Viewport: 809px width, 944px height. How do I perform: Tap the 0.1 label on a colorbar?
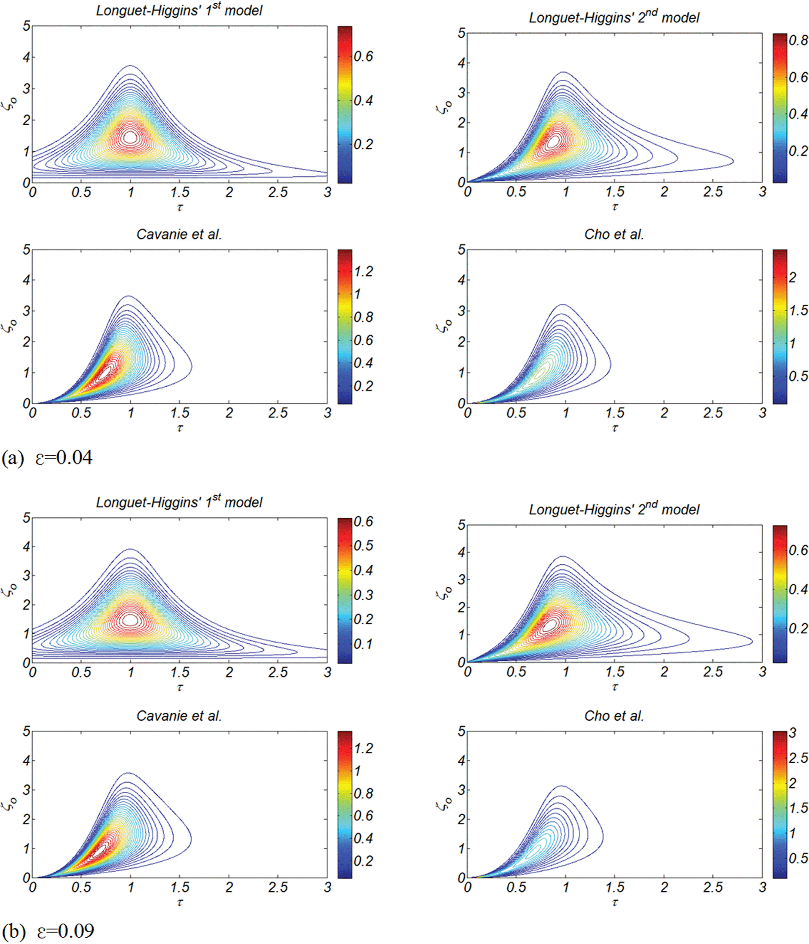pos(363,644)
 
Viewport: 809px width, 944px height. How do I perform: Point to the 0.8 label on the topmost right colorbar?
pos(798,41)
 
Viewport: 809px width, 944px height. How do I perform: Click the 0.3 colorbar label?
pos(363,595)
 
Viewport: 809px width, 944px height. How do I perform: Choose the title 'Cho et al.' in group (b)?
pos(614,716)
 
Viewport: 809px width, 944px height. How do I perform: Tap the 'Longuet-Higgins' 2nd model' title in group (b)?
pos(614,509)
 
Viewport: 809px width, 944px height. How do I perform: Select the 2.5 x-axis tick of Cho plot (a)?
pos(713,413)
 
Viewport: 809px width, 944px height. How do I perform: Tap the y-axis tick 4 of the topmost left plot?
pos(26,58)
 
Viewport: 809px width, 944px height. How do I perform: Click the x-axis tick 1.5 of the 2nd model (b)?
pos(614,672)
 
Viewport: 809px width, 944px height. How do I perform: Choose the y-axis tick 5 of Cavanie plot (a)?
pos(26,250)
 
